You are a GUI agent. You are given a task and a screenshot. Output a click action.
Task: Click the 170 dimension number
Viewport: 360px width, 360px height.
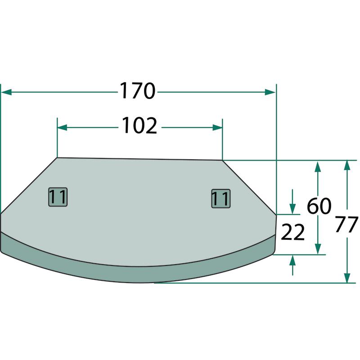(138, 91)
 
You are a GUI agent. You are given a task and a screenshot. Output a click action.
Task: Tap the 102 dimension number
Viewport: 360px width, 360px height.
(139, 126)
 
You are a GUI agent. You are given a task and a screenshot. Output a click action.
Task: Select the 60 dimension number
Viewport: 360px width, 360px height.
(319, 206)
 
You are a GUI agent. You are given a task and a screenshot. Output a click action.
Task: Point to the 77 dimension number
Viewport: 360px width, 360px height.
(346, 224)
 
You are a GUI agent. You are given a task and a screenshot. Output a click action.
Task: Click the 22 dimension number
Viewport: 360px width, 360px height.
(292, 232)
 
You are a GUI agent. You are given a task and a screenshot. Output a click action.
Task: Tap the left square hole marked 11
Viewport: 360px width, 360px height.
(58, 197)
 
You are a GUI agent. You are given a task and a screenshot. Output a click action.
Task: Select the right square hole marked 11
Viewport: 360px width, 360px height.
(220, 198)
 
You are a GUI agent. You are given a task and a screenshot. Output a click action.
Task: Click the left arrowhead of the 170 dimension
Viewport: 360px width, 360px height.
(6, 92)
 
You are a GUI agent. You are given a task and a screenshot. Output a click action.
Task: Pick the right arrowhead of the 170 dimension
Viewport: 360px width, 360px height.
(270, 92)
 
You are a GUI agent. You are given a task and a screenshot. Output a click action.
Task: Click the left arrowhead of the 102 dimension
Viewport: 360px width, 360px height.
(62, 127)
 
